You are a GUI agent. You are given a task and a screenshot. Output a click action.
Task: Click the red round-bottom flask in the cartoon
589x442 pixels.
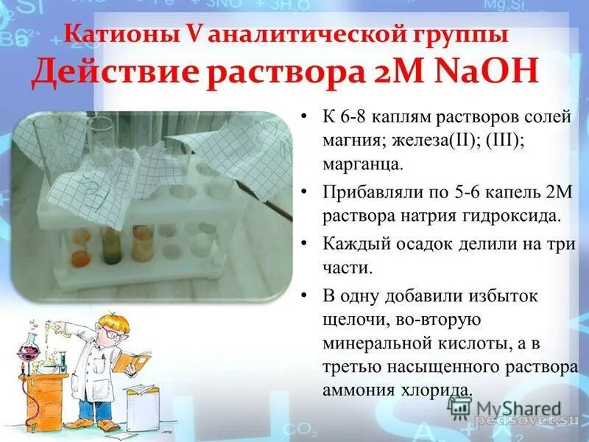pyautogui.click(x=29, y=346)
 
